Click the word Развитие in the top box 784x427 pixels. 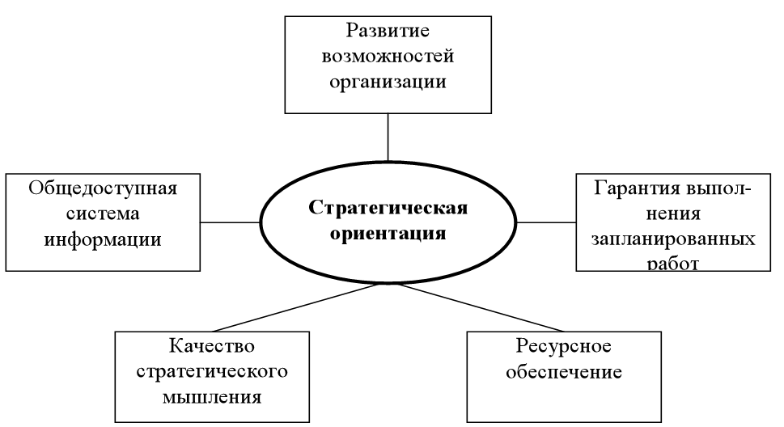tap(387, 32)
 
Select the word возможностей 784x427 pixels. tap(388, 57)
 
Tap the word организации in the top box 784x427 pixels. tap(388, 82)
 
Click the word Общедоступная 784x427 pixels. tap(103, 188)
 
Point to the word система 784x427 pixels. tap(103, 214)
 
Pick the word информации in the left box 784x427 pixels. tap(103, 239)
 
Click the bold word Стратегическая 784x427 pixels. tap(388, 208)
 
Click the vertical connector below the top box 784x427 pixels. tap(388, 137)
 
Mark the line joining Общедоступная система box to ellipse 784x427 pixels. tap(230, 221)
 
